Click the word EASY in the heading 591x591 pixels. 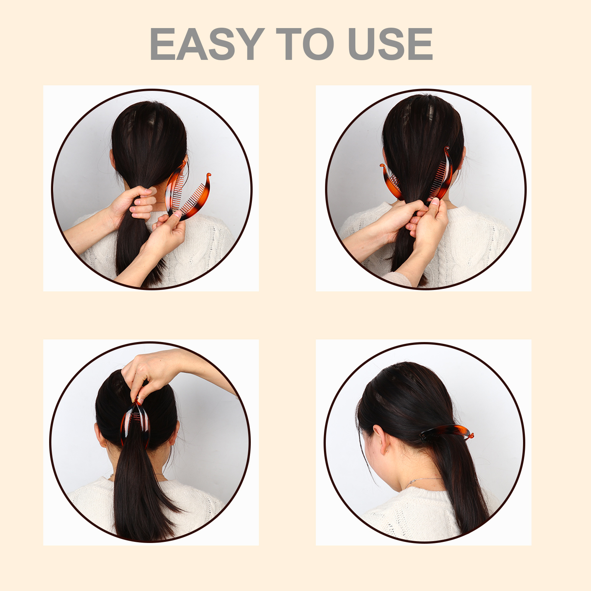(207, 44)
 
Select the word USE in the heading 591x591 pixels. (390, 44)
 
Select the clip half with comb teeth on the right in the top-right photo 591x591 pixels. (442, 174)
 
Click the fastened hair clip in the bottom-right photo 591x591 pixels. (446, 432)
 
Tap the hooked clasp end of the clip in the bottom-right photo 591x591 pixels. (471, 436)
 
